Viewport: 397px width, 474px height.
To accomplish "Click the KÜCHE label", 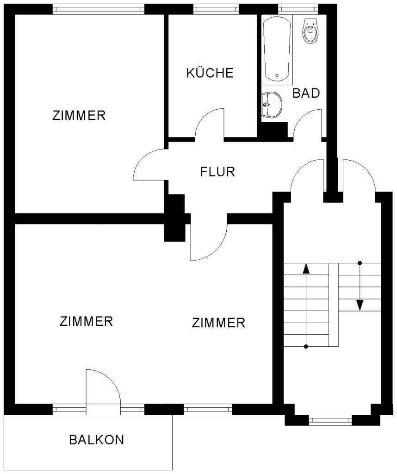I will [210, 73].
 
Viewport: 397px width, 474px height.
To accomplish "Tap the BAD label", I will [306, 93].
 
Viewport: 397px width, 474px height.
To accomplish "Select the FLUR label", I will [217, 172].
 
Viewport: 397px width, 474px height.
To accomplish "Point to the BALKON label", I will [96, 439].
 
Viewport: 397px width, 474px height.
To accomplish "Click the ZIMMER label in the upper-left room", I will [79, 115].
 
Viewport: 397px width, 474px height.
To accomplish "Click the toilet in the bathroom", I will [310, 31].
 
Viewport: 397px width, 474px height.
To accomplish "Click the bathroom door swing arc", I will [307, 123].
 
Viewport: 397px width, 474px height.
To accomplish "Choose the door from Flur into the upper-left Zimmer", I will [149, 165].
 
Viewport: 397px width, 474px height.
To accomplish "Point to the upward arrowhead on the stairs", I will [306, 269].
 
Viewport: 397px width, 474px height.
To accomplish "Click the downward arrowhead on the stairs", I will [360, 305].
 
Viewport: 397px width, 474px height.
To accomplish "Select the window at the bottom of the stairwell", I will [330, 420].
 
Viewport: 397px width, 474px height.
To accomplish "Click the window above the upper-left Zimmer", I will [98, 9].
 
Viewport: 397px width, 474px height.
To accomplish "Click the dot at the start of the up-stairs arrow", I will [306, 346].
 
